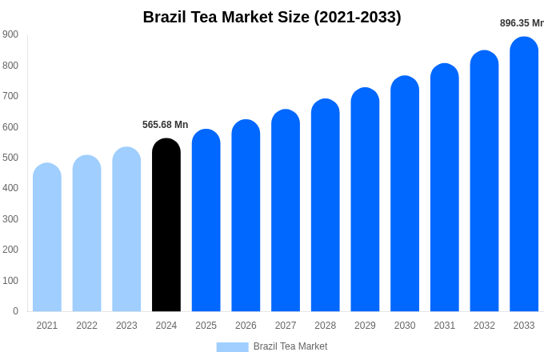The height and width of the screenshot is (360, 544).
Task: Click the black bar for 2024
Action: click(166, 228)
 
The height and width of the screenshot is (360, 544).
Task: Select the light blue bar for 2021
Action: click(47, 240)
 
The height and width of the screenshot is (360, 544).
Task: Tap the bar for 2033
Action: click(524, 176)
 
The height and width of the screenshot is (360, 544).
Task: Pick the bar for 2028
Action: click(326, 208)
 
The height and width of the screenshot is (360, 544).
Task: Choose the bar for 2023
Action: click(126, 232)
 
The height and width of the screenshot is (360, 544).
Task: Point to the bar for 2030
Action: click(405, 196)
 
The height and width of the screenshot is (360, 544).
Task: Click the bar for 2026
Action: click(246, 218)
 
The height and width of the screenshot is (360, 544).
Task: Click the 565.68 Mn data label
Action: click(166, 125)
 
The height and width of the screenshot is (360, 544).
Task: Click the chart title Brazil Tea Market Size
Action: click(272, 17)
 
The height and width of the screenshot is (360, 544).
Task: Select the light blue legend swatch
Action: click(232, 346)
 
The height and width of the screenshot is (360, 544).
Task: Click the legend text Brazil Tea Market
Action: click(290, 346)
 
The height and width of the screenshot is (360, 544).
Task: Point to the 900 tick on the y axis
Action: click(10, 34)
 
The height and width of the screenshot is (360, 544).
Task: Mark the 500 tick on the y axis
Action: click(10, 158)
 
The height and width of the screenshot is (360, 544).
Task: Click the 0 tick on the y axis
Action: click(15, 311)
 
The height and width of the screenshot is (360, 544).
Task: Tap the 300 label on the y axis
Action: click(10, 219)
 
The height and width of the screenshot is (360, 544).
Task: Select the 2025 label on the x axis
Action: click(206, 326)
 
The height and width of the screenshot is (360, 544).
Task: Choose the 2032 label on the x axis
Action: click(484, 326)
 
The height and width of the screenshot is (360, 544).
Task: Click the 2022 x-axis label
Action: click(86, 326)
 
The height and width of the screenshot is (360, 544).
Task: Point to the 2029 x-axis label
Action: click(365, 326)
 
